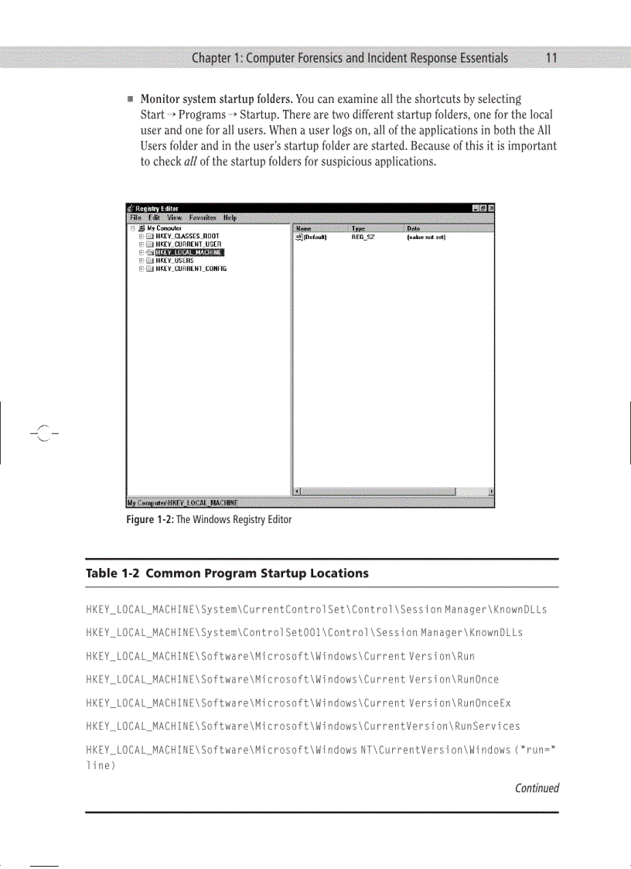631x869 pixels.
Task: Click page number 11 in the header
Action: tap(551, 58)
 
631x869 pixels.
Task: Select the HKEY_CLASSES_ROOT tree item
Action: tap(187, 236)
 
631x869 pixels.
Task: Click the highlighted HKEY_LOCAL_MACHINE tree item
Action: tap(189, 252)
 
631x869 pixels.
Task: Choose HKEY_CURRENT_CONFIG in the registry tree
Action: tap(190, 269)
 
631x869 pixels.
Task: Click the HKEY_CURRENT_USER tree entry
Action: tap(189, 245)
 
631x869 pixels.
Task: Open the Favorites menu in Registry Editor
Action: tap(203, 218)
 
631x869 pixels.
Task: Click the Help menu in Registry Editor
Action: tap(230, 218)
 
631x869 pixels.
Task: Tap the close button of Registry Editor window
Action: tap(491, 208)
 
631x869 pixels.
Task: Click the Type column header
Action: tap(359, 229)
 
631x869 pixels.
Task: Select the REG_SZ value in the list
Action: tap(363, 238)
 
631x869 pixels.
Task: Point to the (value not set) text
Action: tap(426, 238)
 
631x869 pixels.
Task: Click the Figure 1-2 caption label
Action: tap(150, 519)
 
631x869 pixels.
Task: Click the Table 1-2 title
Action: tap(227, 573)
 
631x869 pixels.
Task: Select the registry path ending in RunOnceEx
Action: tap(298, 703)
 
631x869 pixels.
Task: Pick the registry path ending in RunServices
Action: tap(302, 727)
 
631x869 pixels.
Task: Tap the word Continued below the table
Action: tap(537, 789)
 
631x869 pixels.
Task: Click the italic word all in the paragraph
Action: tap(183, 162)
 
